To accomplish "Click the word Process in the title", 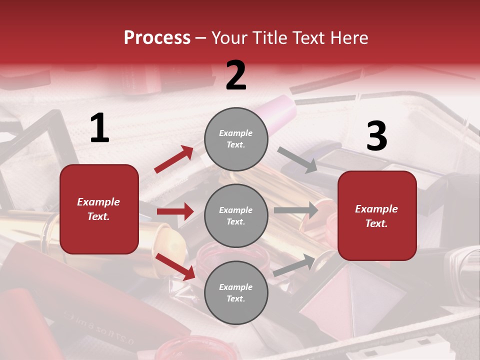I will click(157, 38).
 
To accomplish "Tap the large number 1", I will click(99, 128).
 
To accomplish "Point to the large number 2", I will click(236, 75).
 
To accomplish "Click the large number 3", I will click(376, 136).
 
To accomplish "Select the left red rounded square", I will click(99, 209).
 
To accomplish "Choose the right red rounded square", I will click(377, 215).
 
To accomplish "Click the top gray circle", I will click(236, 139).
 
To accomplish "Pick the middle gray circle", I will click(236, 215).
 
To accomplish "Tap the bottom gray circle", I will click(236, 292).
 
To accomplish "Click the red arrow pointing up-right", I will click(174, 159).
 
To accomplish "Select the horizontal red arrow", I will click(175, 211).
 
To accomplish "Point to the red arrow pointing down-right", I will click(175, 266).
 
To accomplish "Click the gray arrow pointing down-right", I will click(297, 160).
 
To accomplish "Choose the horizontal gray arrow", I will click(295, 210).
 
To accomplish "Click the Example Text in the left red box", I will click(98, 209).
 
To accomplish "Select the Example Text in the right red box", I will click(376, 216).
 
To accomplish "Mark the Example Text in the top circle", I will click(236, 139).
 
